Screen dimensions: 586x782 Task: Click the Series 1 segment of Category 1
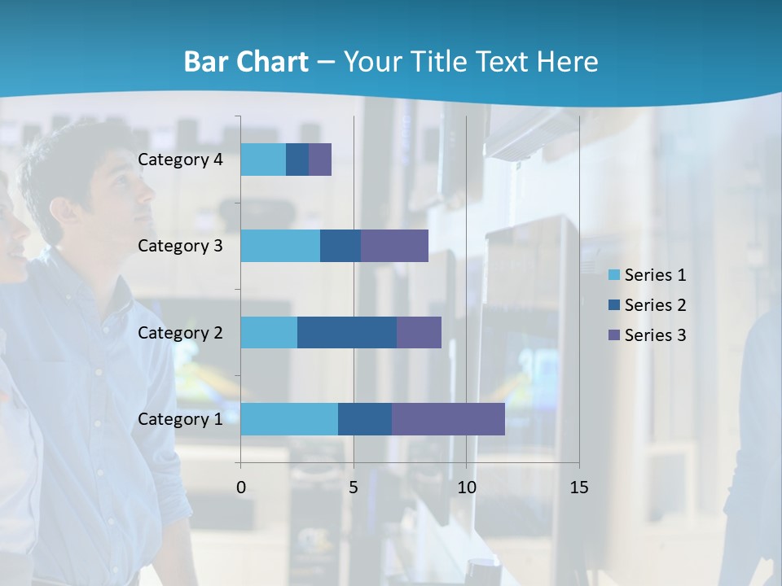tap(289, 418)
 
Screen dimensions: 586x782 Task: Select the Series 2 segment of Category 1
tap(365, 418)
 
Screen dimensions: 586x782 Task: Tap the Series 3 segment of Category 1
tap(448, 418)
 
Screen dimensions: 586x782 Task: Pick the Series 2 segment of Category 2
tap(347, 332)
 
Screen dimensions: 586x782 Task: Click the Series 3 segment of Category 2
tap(419, 332)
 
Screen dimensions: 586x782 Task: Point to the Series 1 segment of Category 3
tap(280, 246)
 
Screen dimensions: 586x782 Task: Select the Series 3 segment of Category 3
tap(394, 246)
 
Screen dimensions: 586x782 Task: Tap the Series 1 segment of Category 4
tap(263, 160)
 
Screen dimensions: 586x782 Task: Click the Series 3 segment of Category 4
tap(320, 160)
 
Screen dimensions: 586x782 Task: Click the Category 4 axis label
tap(180, 160)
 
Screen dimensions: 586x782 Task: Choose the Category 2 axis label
tap(180, 332)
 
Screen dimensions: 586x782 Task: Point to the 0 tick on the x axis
tap(241, 488)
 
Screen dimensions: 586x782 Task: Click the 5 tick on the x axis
tap(354, 488)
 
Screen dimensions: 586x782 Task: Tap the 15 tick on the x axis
tap(578, 488)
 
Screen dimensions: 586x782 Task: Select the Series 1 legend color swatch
tap(614, 275)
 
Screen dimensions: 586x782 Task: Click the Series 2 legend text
tap(655, 305)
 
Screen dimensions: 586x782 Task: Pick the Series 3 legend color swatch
tap(614, 335)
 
